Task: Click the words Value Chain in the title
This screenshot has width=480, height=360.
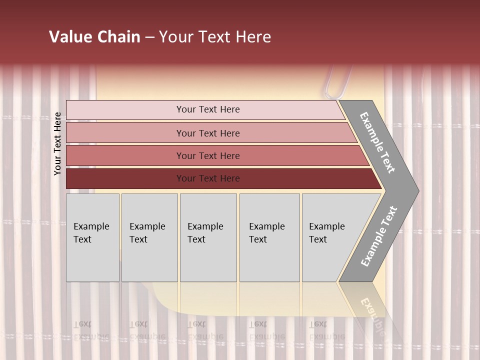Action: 94,37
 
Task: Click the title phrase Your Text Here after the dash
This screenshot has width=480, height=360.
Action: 215,37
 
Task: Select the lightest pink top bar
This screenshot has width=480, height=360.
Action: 125,110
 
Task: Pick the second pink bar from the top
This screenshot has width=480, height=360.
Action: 125,133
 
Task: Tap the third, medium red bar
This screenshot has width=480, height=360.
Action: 125,155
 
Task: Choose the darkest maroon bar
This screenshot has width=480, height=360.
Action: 125,178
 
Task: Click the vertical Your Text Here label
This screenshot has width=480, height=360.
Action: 57,143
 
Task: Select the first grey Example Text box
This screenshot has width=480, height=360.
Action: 92,237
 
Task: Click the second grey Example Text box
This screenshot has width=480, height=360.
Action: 149,237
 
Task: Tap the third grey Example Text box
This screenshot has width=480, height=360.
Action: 208,237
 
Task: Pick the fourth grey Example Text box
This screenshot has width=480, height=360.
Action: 269,237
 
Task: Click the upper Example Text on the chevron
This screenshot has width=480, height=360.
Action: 377,142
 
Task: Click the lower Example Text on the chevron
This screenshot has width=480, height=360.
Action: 379,236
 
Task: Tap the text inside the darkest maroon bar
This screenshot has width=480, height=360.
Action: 208,178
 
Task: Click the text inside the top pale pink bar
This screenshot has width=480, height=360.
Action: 208,109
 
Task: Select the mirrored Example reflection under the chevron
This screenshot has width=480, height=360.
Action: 372,310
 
